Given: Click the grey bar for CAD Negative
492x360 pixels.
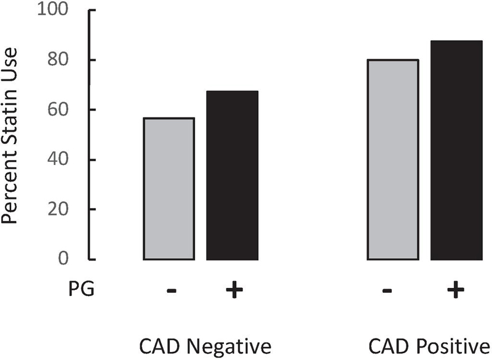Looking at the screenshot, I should [x=169, y=189].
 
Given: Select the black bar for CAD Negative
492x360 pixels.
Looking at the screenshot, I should [x=232, y=175].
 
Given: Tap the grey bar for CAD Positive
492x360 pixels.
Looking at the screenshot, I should [x=393, y=160].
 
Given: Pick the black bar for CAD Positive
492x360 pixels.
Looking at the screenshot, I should [x=456, y=150].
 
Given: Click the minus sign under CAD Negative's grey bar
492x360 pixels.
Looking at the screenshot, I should [x=170, y=290].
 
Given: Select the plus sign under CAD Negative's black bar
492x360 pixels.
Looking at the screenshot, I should [x=231, y=290].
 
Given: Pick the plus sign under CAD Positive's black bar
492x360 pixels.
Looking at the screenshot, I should [x=455, y=290].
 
